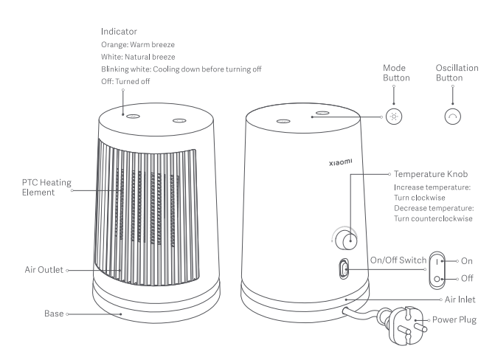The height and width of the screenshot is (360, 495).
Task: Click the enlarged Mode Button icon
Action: (x=394, y=117)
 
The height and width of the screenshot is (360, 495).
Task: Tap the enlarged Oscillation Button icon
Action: (x=452, y=117)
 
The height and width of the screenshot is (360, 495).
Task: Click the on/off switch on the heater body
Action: (x=345, y=270)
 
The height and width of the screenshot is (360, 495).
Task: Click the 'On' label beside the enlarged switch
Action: (x=468, y=260)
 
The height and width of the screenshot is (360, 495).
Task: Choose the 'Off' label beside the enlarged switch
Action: (x=468, y=280)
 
